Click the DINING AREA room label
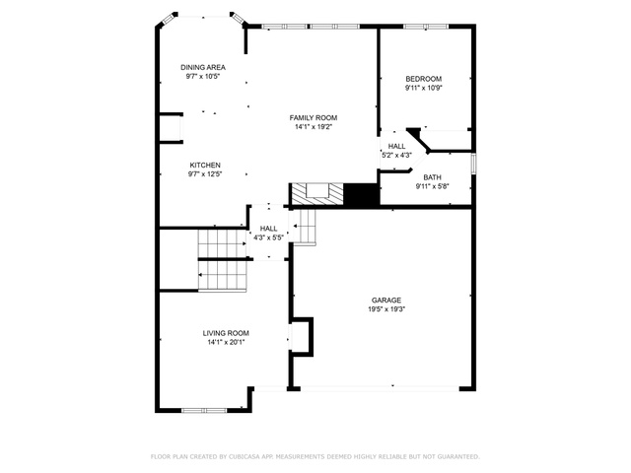click(x=203, y=68)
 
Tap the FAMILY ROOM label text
click(x=314, y=118)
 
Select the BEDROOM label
click(x=424, y=79)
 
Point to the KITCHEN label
click(x=205, y=166)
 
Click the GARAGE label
click(x=386, y=301)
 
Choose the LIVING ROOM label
click(x=226, y=333)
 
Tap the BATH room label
click(x=432, y=177)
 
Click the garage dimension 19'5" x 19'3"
click(x=386, y=309)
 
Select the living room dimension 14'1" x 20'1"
click(x=226, y=342)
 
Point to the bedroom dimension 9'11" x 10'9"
click(x=424, y=88)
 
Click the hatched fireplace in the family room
click(x=317, y=194)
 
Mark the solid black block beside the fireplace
click(x=362, y=194)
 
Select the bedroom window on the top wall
click(x=426, y=27)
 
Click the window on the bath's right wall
click(x=473, y=164)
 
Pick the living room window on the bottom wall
click(x=204, y=410)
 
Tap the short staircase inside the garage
click(x=304, y=228)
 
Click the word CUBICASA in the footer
click(x=245, y=456)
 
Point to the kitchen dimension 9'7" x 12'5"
click(x=205, y=174)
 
